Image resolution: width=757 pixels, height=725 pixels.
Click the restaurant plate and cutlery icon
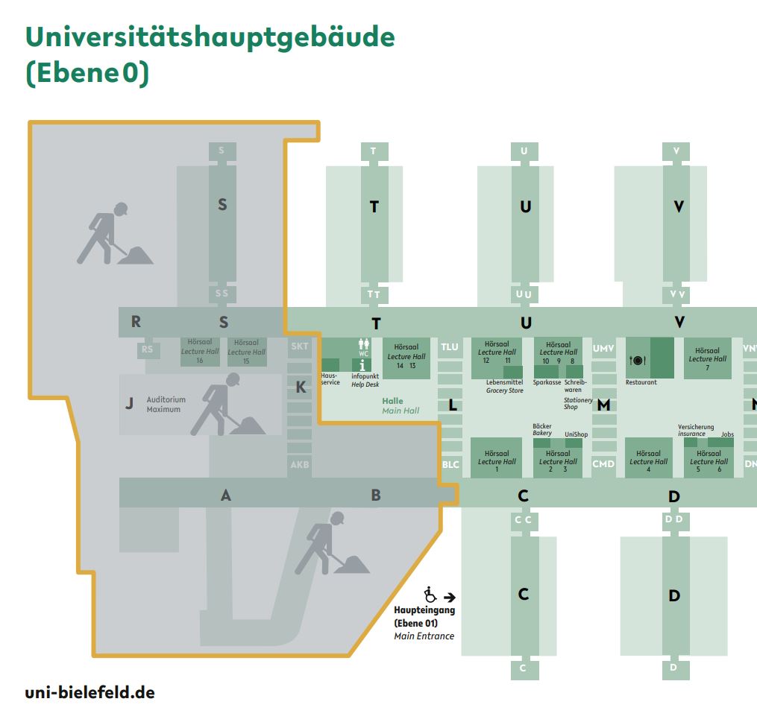coord(638,361)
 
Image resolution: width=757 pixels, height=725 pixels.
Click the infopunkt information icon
coord(363,365)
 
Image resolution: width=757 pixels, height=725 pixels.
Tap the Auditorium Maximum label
coord(166,405)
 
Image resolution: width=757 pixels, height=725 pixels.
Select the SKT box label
coord(299,346)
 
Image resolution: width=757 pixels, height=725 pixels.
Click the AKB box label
coord(299,465)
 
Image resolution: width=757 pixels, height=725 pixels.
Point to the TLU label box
coord(450,347)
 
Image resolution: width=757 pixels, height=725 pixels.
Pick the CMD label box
coord(603,464)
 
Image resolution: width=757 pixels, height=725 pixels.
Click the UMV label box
coord(603,348)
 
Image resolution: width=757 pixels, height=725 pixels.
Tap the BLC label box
coord(450,464)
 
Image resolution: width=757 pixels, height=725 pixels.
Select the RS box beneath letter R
coord(148,349)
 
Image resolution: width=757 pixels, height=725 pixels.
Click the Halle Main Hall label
coord(401,405)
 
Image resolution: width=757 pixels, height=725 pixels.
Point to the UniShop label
coord(576,434)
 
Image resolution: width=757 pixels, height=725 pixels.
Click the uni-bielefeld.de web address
coord(89,692)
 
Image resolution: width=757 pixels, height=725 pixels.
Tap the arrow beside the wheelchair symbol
coord(449,597)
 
